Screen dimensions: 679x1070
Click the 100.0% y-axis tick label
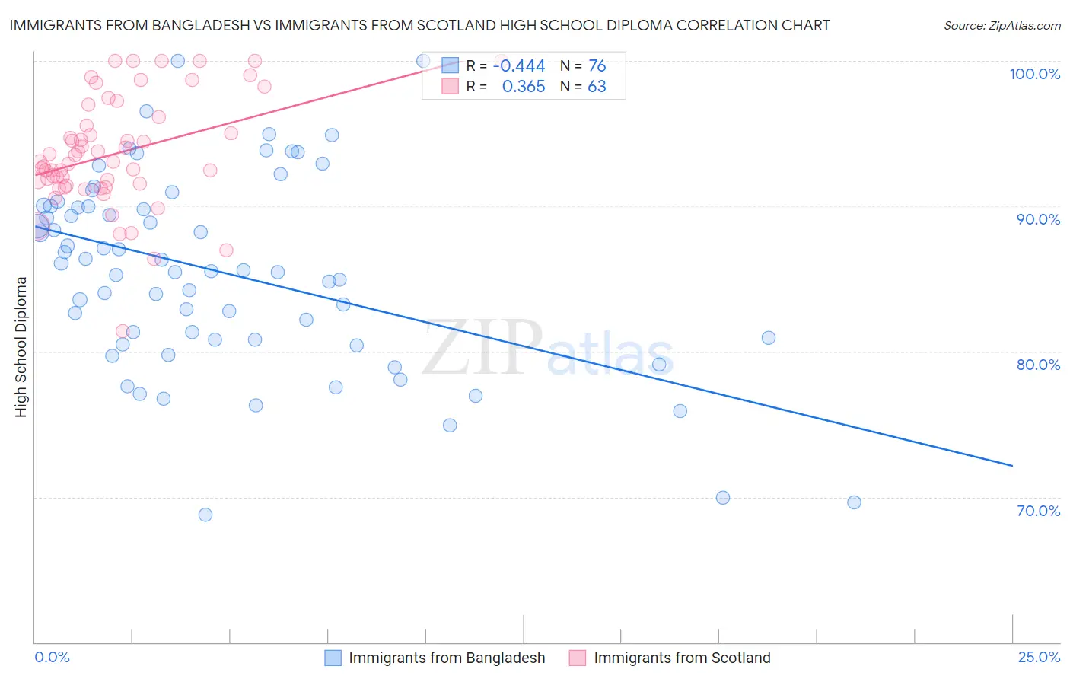click(1034, 74)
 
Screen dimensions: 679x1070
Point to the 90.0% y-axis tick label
click(1038, 219)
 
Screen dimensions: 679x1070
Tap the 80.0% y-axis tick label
click(1038, 365)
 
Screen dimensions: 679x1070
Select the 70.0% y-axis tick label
click(1038, 511)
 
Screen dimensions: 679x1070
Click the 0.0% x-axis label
click(52, 657)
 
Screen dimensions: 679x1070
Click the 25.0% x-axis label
click(1039, 657)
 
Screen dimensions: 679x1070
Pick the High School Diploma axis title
click(21, 346)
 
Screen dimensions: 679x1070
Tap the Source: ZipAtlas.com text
click(1002, 26)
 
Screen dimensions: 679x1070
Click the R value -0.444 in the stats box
click(519, 66)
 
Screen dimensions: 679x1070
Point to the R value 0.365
click(524, 87)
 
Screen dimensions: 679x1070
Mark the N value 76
click(597, 66)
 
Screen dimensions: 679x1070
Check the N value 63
click(597, 87)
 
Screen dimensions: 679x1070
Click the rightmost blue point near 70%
click(854, 502)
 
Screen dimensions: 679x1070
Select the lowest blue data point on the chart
click(205, 515)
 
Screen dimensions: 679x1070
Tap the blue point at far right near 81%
click(769, 338)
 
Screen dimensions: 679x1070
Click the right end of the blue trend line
click(1012, 465)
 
